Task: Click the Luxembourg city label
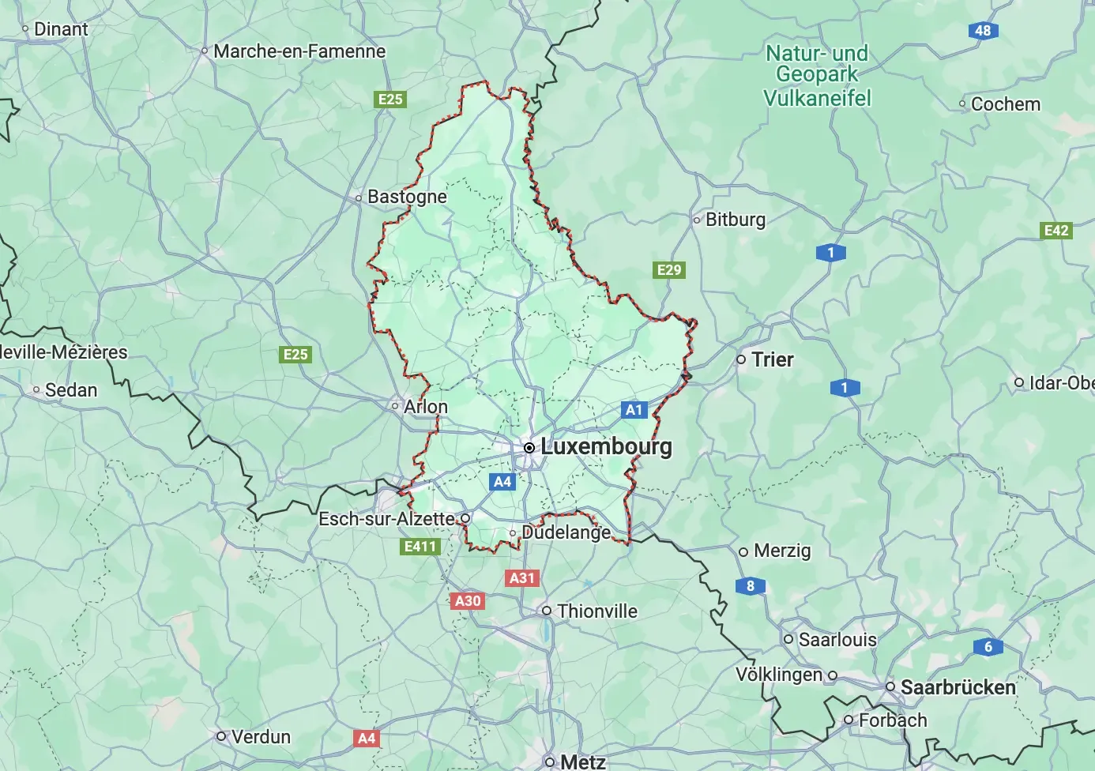(606, 446)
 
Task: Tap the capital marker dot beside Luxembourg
(529, 448)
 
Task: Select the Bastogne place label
(407, 197)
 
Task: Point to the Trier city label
(772, 359)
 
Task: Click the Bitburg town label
(735, 220)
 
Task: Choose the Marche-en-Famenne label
(299, 51)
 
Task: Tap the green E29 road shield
(669, 270)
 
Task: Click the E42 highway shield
(1056, 231)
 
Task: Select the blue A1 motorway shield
(634, 409)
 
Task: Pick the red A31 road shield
(521, 578)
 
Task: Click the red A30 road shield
(468, 601)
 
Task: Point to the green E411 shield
(420, 547)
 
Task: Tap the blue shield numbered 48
(983, 31)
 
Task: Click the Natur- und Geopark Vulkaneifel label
(817, 76)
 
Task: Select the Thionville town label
(596, 611)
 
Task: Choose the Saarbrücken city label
(958, 687)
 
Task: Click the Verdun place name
(261, 737)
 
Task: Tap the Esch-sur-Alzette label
(386, 519)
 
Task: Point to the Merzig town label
(782, 551)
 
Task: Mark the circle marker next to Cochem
(962, 104)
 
